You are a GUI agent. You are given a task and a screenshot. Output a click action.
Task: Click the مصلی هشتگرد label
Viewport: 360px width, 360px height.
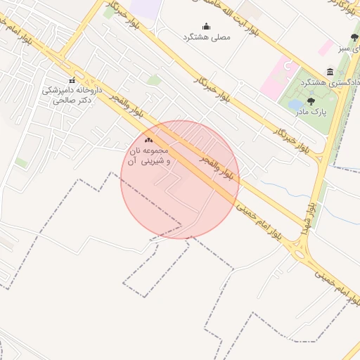pos(206,37)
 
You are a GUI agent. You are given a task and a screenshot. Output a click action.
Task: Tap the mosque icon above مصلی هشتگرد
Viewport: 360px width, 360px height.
pos(206,27)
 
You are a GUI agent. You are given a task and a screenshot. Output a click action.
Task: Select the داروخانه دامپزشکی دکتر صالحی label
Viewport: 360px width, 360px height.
pos(72,95)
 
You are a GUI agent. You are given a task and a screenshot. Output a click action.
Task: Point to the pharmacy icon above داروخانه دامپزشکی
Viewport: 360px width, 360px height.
pos(72,80)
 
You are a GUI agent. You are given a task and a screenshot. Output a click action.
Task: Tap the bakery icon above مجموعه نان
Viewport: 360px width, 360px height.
pos(148,141)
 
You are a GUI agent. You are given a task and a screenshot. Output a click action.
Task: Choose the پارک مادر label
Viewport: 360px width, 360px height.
pos(311,112)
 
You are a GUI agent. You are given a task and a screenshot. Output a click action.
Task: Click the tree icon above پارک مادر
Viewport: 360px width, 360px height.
pos(311,101)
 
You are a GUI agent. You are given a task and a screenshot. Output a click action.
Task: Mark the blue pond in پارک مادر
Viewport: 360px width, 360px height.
pos(296,105)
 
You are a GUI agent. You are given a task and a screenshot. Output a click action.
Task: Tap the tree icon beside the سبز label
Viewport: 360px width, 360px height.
pos(354,37)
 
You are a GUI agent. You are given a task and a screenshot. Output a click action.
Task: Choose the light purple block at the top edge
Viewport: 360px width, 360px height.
pos(146,8)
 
